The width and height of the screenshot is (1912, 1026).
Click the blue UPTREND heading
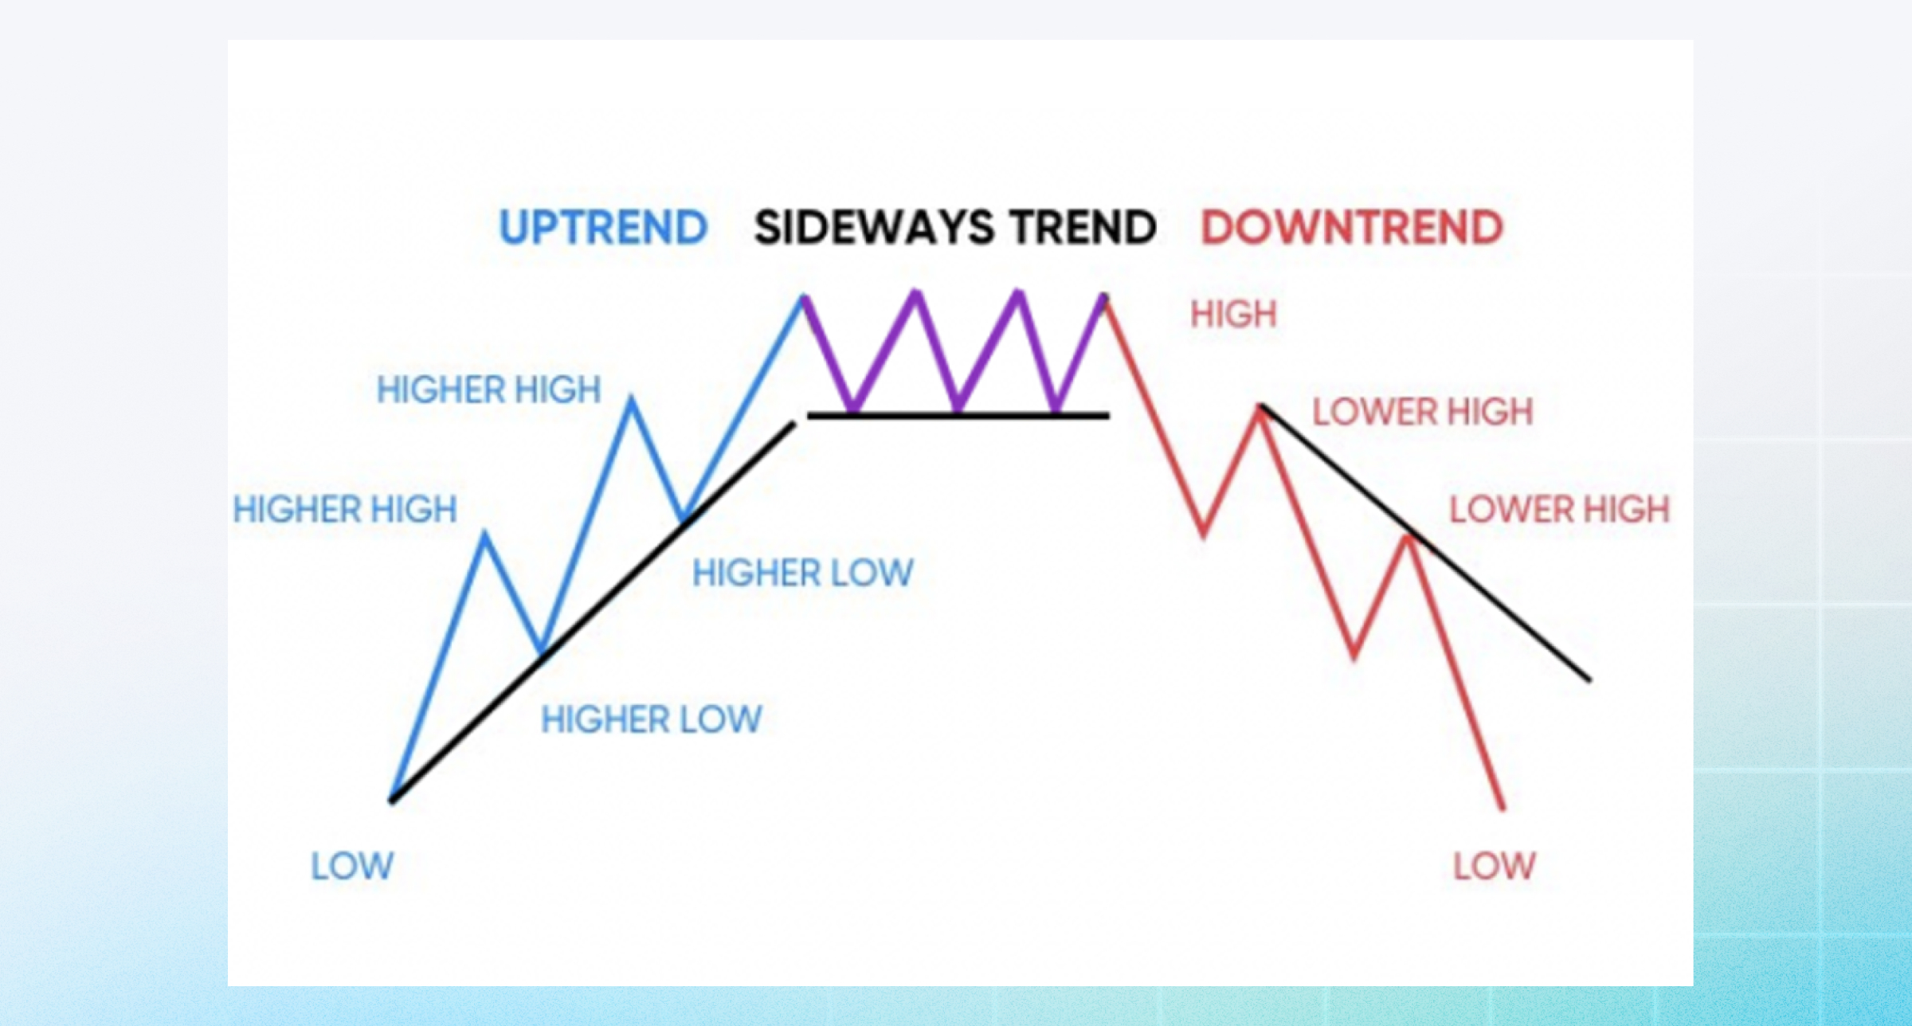point(603,228)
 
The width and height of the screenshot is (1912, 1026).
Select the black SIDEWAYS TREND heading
point(954,228)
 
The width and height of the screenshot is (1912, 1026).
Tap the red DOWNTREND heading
point(1352,228)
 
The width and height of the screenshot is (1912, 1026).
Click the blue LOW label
point(352,866)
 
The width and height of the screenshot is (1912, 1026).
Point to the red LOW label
point(1494,866)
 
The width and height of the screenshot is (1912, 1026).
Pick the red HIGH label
point(1233,315)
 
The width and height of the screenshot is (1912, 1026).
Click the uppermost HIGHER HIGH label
point(488,390)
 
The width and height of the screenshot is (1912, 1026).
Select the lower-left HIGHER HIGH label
point(345,510)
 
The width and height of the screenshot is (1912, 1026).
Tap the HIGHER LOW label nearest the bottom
point(651,720)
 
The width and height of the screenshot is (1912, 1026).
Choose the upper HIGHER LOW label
point(802,574)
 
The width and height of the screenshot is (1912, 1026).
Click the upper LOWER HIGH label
point(1422,413)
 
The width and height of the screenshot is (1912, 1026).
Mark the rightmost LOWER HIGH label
point(1559,510)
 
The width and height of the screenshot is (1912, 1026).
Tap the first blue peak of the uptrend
point(484,535)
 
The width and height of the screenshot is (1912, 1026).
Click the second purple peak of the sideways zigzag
point(916,293)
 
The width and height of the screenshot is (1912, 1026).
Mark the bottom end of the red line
point(1503,808)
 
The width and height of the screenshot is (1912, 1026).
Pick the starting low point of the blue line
point(392,799)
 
